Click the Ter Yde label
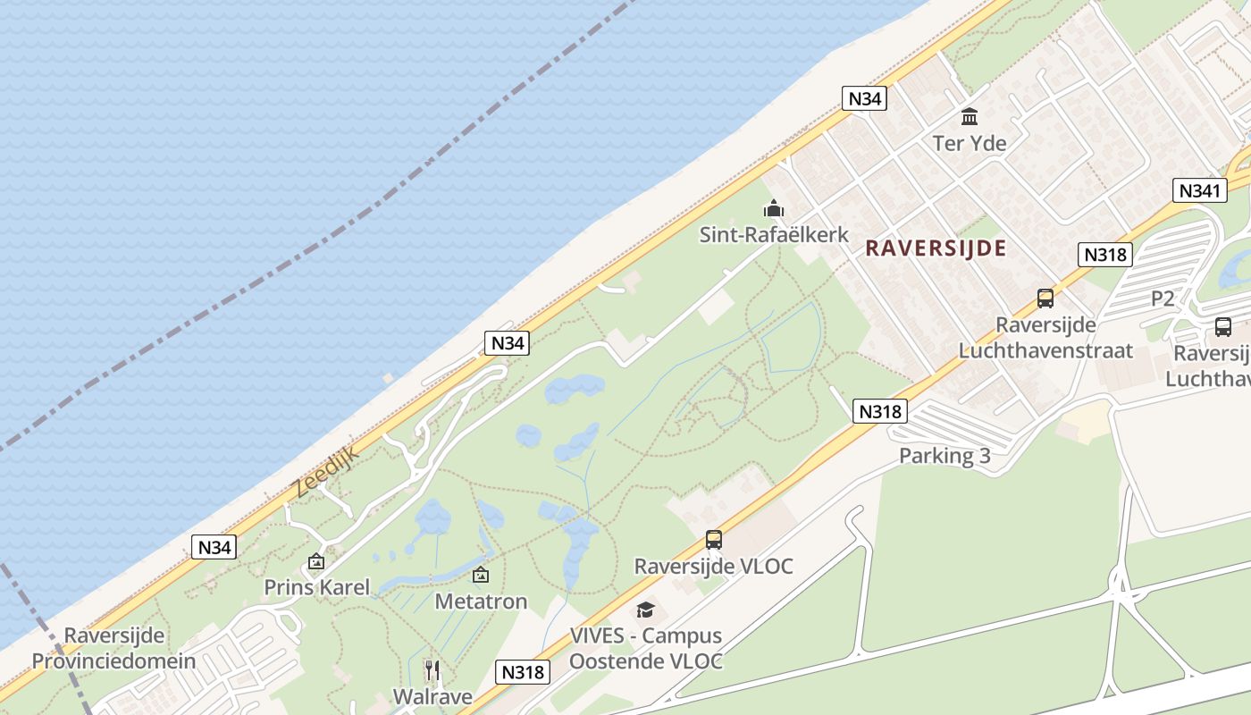coord(970,143)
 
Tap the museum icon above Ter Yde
coord(970,116)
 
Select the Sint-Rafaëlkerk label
coord(774,235)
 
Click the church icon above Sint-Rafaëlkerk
coord(773,209)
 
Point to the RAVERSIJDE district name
coord(936,248)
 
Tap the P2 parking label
coord(1163,299)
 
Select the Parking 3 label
coord(945,456)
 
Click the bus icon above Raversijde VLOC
coord(713,540)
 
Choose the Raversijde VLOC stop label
coord(713,566)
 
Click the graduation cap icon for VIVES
coord(645,610)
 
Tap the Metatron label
coord(481,601)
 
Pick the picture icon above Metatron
coord(481,575)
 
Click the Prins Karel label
coord(316,587)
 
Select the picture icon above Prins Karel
coord(315,561)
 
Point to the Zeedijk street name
coord(325,471)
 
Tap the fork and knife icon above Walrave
coord(432,669)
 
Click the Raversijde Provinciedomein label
coord(113,649)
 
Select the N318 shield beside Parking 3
coord(881,411)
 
